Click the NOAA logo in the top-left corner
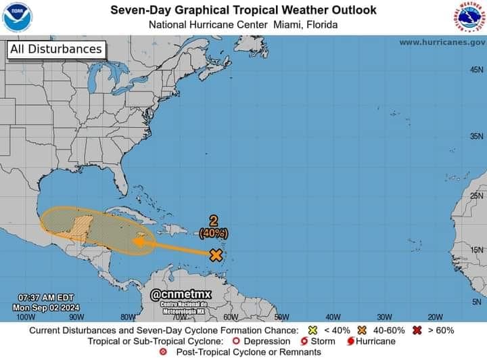(x=18, y=18)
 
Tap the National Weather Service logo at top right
(x=469, y=18)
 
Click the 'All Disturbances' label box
(x=56, y=49)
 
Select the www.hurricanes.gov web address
(x=442, y=42)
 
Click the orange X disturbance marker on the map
(x=216, y=255)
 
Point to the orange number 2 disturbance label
(x=214, y=221)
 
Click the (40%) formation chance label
(x=214, y=232)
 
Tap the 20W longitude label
(x=434, y=316)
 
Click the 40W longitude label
(x=332, y=316)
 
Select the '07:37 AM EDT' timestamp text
(x=46, y=297)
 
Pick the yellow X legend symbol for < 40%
(x=313, y=330)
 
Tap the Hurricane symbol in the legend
(x=350, y=341)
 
